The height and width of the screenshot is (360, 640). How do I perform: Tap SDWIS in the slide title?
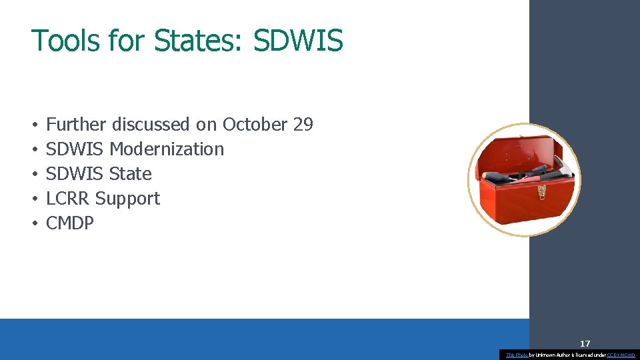298,40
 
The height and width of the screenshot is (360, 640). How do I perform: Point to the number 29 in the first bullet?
303,125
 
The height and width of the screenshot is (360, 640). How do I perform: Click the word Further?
76,125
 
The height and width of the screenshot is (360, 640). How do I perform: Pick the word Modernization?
167,149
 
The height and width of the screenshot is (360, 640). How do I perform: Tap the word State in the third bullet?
131,174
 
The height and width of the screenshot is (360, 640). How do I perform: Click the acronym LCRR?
68,199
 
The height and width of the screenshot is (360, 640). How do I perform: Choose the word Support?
128,199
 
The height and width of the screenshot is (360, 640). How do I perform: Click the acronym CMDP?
70,223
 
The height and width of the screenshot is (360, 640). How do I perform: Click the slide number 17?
585,344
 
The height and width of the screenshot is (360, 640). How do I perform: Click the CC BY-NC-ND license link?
621,355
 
